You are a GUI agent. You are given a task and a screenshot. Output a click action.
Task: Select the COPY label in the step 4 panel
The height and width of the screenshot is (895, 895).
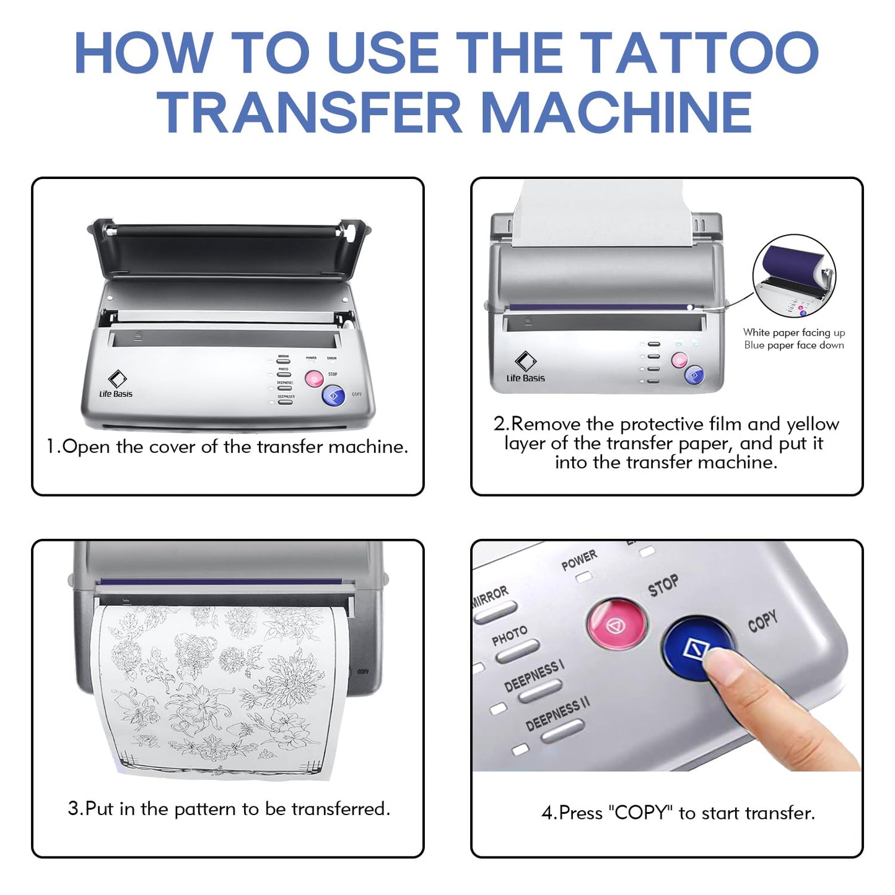click(762, 621)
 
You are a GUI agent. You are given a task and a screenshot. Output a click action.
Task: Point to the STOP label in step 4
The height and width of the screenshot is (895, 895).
click(663, 585)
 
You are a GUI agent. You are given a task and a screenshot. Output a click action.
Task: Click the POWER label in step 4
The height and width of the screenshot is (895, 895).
click(579, 560)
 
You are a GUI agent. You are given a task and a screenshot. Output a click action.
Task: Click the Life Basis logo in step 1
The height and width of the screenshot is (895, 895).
click(116, 384)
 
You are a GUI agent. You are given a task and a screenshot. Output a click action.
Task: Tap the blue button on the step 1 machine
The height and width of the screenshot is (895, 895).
click(333, 395)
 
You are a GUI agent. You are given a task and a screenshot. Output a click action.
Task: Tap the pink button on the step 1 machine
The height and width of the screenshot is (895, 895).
click(314, 378)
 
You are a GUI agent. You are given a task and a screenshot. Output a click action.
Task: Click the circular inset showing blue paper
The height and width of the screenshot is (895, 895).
click(794, 276)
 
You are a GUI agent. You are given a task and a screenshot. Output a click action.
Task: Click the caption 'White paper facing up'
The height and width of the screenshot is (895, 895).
click(794, 333)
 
